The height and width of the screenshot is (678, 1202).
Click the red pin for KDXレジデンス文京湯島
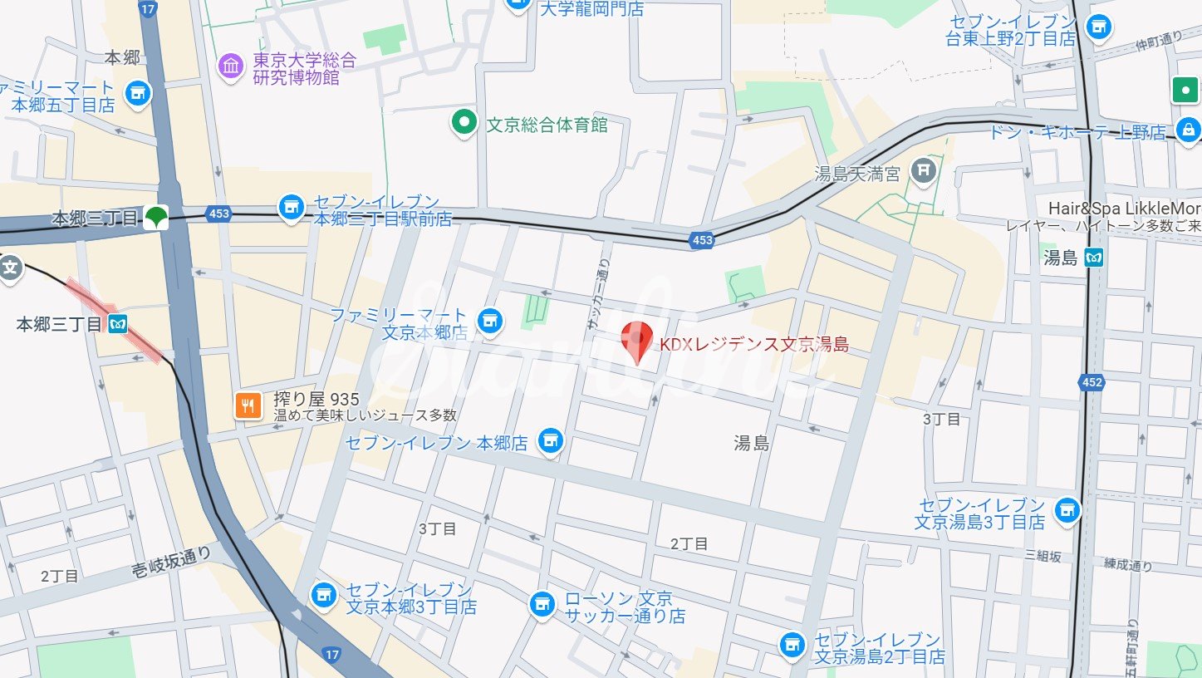point(636,339)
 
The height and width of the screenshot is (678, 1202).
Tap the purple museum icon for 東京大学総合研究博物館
point(231,66)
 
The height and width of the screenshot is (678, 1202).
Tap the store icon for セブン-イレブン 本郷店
point(549,442)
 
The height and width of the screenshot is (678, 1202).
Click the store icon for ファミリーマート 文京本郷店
point(490,320)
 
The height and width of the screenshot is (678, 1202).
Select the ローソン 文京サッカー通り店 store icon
point(542,605)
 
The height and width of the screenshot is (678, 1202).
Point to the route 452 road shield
point(1092,382)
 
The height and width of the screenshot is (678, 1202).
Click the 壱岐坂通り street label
point(172,562)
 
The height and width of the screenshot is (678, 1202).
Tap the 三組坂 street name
point(1043,556)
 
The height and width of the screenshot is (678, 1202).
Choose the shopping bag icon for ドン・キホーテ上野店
point(1189,130)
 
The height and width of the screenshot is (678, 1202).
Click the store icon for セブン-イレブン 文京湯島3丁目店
point(1067,509)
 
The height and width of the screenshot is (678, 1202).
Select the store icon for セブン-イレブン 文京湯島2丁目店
point(792,644)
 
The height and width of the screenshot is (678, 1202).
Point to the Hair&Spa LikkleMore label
point(1123,208)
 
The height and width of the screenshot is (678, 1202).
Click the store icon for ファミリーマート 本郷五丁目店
point(137,95)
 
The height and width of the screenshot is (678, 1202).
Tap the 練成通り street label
point(1128,566)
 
